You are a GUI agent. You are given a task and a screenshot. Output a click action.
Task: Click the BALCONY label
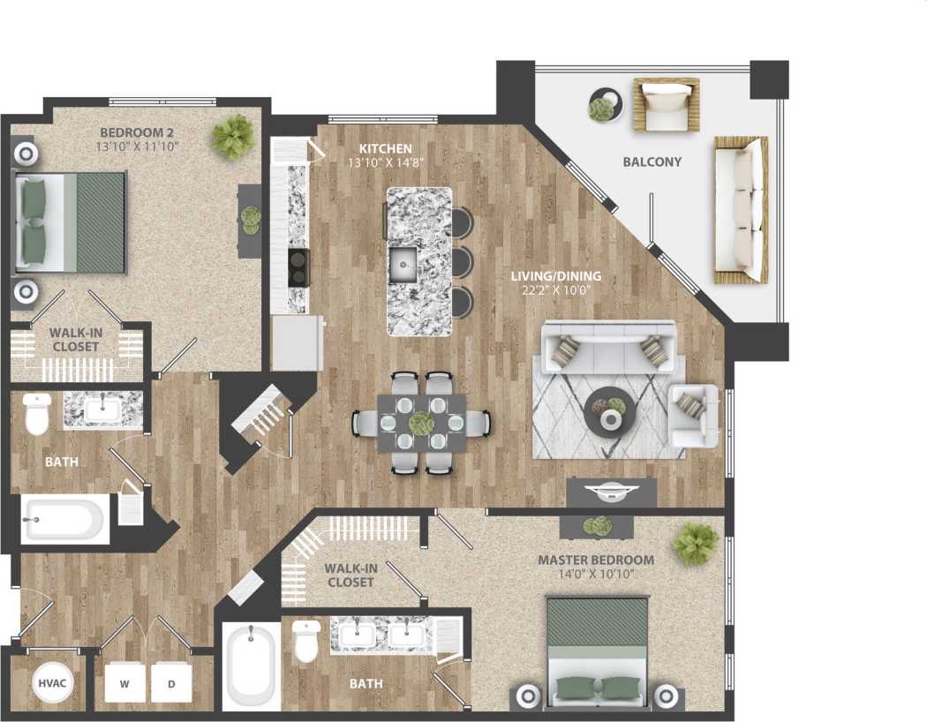coord(652,162)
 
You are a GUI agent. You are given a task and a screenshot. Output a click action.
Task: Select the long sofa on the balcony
coord(739,209)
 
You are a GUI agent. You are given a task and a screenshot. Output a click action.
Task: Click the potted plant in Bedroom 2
coord(233,136)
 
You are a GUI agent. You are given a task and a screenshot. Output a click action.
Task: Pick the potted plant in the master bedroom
coord(696,543)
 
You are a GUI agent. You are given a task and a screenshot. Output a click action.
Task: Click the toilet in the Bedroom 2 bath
coord(37,413)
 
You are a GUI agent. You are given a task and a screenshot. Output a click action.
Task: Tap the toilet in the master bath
coord(305,642)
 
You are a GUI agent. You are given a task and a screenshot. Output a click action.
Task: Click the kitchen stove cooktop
coord(298,267)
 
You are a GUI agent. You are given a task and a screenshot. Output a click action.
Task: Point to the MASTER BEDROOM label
coord(596,560)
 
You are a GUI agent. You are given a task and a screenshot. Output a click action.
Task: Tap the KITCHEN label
coord(384,149)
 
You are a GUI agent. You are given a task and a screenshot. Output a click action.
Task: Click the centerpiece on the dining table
coord(420,423)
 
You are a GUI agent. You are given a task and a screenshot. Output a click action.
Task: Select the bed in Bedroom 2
coord(71,222)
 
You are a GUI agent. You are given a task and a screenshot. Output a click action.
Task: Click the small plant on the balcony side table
coord(602,108)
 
